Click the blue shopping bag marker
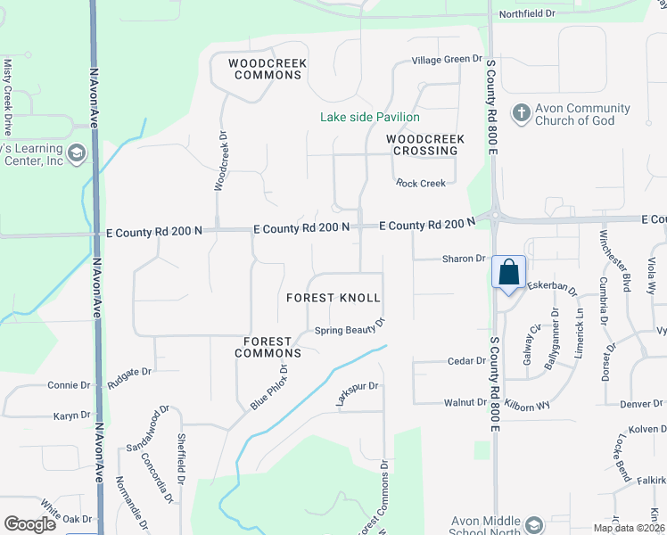tap(508, 272)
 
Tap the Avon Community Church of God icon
tap(522, 113)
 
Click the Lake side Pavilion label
tap(370, 117)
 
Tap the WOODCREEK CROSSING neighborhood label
tap(422, 144)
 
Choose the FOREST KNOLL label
tap(333, 298)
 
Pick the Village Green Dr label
tap(446, 60)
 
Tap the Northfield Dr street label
tap(526, 14)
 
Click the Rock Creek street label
tap(421, 184)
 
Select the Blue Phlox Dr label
tap(269, 387)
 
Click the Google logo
tap(29, 524)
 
